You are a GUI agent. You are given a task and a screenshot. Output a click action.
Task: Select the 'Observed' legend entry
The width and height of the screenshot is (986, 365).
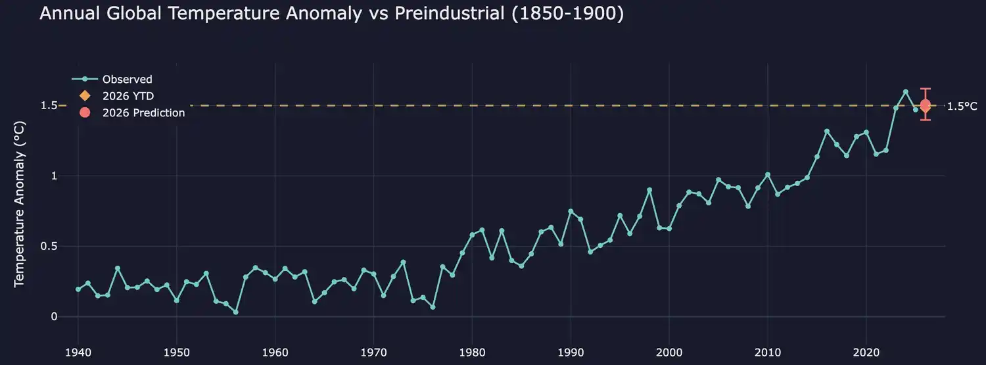(127, 80)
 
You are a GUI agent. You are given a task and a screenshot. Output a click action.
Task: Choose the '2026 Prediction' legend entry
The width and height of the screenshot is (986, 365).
(143, 112)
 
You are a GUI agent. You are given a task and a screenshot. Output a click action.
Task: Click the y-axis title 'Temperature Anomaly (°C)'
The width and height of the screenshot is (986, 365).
(19, 203)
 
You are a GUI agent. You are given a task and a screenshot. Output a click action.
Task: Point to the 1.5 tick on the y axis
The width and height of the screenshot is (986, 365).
(49, 106)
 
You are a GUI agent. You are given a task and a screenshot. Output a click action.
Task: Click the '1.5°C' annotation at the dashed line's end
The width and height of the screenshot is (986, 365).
(962, 107)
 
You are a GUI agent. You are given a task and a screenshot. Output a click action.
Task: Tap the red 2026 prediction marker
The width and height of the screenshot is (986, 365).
(926, 105)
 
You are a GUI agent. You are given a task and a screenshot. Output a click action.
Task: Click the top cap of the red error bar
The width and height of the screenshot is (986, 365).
(926, 89)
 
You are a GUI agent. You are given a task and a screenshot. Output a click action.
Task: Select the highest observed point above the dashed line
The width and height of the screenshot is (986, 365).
(906, 92)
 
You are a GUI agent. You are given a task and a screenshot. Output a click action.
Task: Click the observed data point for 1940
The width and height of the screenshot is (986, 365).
(78, 289)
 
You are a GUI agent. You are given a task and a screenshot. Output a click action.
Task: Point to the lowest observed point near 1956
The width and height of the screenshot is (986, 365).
(235, 312)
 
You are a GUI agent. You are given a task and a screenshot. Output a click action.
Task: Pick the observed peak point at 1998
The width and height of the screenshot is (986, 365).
(649, 190)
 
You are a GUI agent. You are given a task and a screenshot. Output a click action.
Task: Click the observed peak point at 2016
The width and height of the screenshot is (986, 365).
(827, 132)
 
